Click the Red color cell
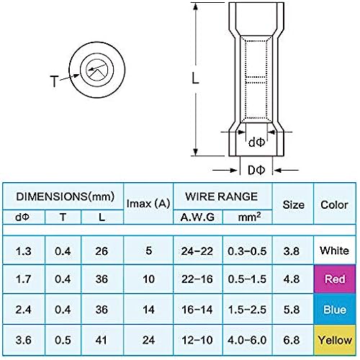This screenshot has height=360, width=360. [335, 279]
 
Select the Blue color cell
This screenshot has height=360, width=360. [335, 309]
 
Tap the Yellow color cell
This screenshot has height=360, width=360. [335, 340]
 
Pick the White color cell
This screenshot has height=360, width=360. [334, 251]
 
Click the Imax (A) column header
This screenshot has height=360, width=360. [148, 204]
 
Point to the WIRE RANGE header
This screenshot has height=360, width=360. [222, 197]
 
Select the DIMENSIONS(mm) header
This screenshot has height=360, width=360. [65, 197]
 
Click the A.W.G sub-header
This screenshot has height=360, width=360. [197, 217]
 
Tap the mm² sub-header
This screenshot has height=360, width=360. [249, 217]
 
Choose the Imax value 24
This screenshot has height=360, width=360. [148, 340]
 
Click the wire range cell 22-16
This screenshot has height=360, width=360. [197, 279]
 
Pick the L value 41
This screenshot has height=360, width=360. [101, 340]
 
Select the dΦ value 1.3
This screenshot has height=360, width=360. [23, 251]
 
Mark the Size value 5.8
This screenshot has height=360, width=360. [292, 310]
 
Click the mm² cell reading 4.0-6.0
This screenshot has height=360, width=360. [247, 340]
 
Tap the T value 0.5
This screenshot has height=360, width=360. [63, 340]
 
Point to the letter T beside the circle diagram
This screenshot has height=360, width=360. [54, 81]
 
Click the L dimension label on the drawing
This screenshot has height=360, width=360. [196, 78]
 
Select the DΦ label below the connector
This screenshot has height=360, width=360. [256, 170]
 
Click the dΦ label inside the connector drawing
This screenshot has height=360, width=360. [256, 143]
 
